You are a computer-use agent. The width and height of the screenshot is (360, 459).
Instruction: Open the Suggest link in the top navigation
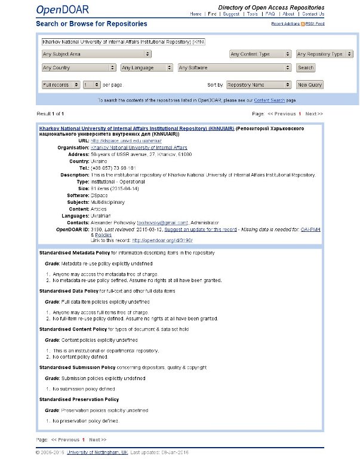(231, 14)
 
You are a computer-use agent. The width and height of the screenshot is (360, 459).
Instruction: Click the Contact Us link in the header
(313, 14)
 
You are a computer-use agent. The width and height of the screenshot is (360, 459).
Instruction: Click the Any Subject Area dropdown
(96, 54)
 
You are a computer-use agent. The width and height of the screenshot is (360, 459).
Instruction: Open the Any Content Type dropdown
(260, 54)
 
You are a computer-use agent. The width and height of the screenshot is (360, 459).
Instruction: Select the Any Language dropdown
(146, 68)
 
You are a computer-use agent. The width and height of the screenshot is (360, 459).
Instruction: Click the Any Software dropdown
(235, 68)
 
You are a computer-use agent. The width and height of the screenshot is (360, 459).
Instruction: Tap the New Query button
(310, 85)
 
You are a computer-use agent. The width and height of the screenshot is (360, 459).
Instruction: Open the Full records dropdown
(60, 85)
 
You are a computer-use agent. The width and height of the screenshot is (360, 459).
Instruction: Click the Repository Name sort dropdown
(259, 85)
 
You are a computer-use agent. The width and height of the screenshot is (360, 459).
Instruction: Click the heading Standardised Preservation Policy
(79, 399)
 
